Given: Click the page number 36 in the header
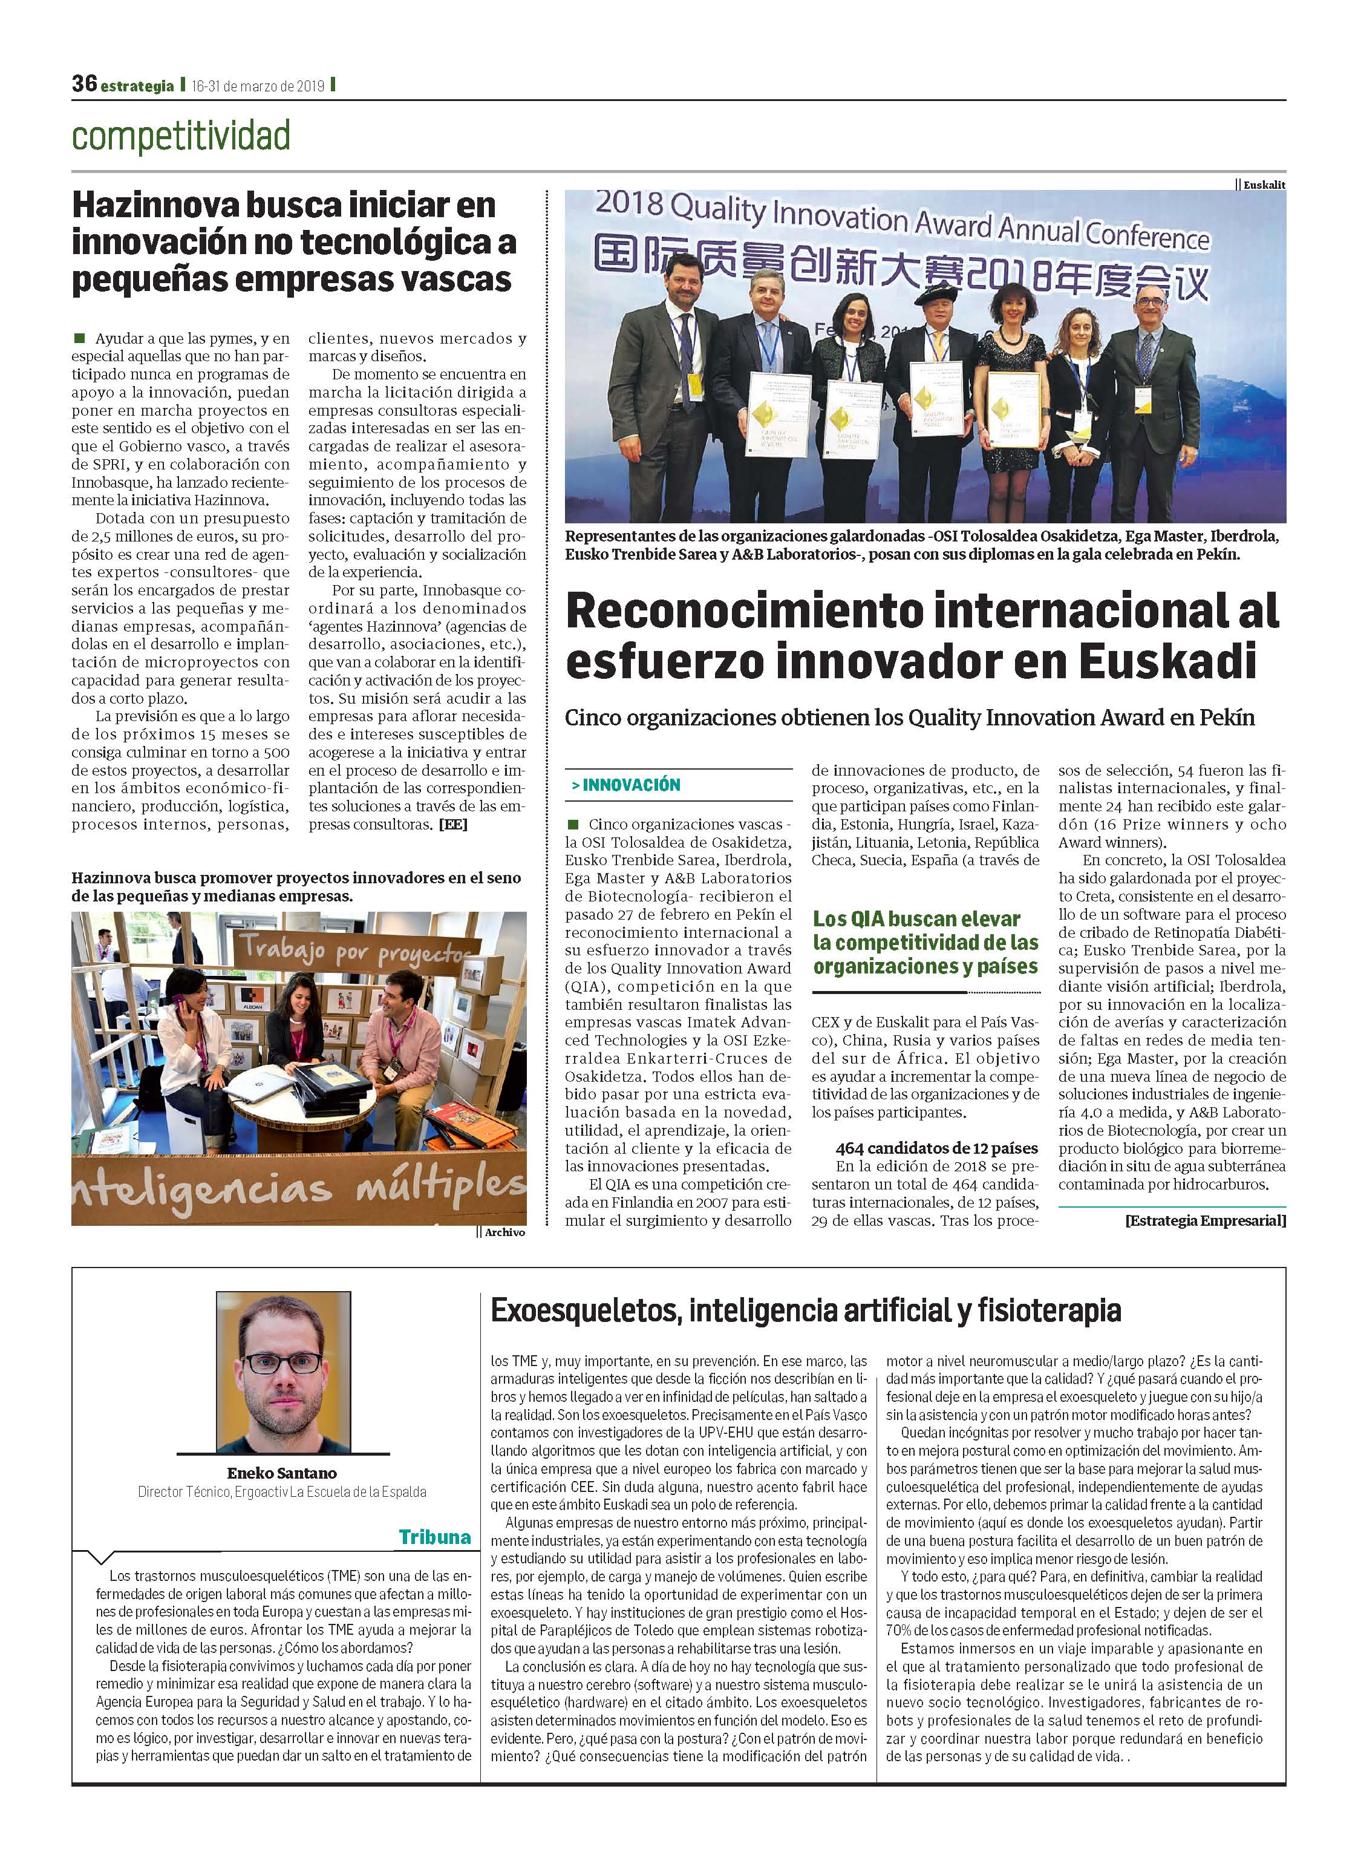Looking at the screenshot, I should click(x=84, y=84).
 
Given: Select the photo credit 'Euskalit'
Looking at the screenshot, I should click(x=1264, y=185).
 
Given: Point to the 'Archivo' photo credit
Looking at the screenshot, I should click(x=504, y=1232).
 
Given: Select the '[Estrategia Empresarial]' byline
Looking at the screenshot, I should click(x=1205, y=1220).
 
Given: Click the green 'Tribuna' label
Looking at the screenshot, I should click(x=435, y=1537).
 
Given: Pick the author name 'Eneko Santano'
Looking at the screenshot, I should click(x=282, y=1473).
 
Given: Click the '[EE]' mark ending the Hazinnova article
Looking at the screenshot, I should click(x=453, y=825).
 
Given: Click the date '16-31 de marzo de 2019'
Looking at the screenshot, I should click(x=258, y=85).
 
